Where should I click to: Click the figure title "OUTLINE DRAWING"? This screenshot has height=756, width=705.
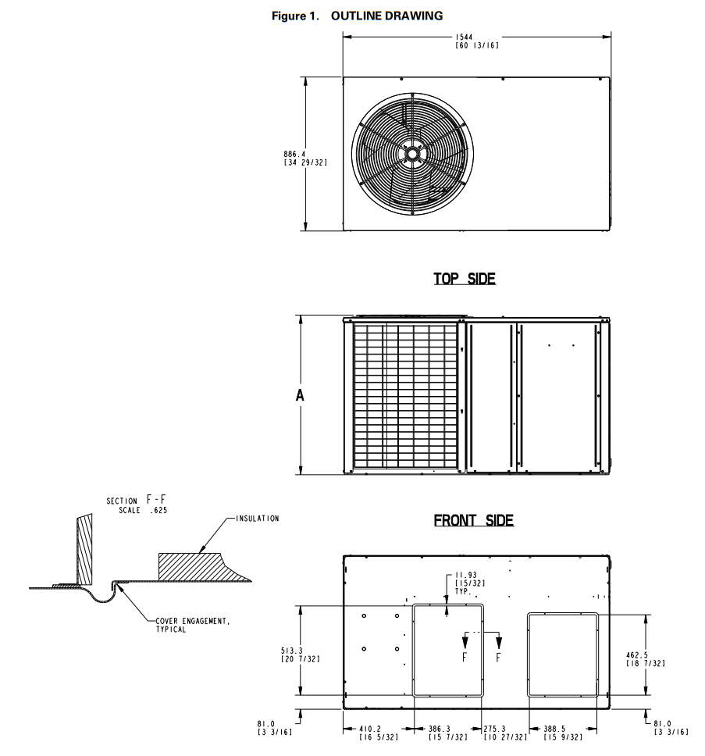coord(386,16)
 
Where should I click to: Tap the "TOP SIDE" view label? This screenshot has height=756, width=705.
coord(465,279)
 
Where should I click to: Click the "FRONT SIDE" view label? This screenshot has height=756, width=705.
coord(474,521)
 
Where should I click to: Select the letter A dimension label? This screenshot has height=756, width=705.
coord(299,395)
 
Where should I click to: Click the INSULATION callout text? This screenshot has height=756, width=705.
coord(257,518)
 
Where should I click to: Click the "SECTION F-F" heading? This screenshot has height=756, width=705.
coord(137,500)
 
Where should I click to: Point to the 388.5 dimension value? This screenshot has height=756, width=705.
coord(562,732)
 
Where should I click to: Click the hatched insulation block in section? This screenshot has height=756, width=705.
coord(189,566)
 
